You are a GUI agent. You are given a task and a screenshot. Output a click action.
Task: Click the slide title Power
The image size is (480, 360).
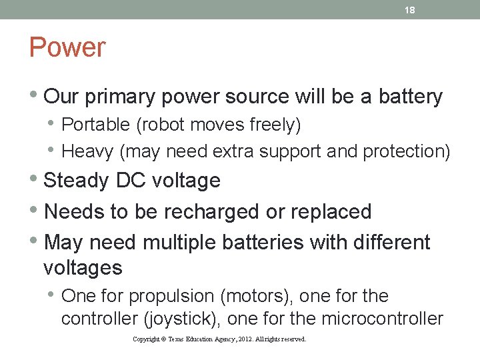coord(67,48)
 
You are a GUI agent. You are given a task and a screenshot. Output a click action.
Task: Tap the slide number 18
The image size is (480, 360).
coord(411,10)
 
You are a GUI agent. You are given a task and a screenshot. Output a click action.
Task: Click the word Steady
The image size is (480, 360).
coord(75,181)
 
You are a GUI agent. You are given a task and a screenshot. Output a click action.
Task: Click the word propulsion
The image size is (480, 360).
coord(164,296)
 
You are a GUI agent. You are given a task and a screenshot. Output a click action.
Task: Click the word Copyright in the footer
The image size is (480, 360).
coord(146,339)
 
